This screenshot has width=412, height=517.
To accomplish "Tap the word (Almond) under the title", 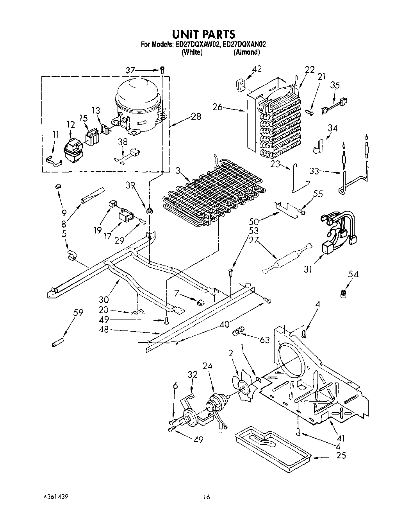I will pyautogui.click(x=246, y=52).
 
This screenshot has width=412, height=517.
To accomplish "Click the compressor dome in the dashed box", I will pyautogui.click(x=138, y=98).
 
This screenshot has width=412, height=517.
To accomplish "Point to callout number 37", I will pyautogui.click(x=130, y=70).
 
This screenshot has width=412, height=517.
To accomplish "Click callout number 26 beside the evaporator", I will pyautogui.click(x=218, y=106).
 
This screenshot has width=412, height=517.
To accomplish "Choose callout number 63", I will pyautogui.click(x=265, y=340).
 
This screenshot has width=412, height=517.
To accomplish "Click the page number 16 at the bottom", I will pyautogui.click(x=207, y=497).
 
